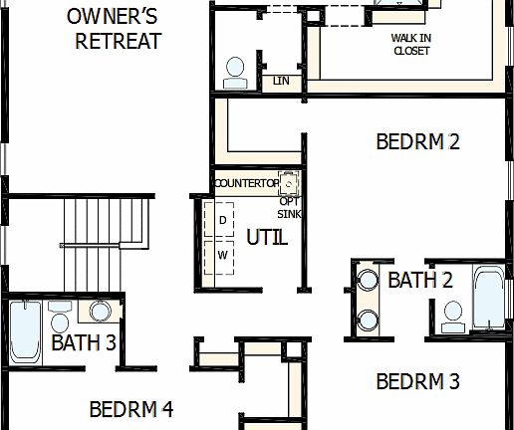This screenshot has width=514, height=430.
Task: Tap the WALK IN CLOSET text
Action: click(x=409, y=44)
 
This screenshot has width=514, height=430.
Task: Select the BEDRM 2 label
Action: click(x=417, y=141)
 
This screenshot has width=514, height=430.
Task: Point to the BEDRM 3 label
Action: click(x=417, y=380)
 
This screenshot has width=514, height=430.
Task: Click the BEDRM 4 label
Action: click(x=131, y=409)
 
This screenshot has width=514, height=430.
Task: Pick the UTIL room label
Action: click(x=266, y=238)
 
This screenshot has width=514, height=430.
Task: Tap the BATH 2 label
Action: click(x=419, y=281)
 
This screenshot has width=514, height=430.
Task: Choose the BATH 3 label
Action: click(x=84, y=343)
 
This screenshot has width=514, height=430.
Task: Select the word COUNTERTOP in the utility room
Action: click(x=246, y=184)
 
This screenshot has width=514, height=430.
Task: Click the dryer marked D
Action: click(x=223, y=219)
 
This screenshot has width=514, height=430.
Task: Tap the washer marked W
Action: click(x=223, y=256)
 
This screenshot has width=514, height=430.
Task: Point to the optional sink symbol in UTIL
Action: click(x=289, y=183)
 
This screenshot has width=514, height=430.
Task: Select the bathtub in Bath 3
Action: click(x=25, y=328)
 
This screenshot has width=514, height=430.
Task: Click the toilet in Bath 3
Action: click(x=60, y=322)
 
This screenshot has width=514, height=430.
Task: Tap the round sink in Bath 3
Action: click(x=100, y=311)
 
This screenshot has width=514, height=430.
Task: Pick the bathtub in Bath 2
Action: click(x=488, y=298)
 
